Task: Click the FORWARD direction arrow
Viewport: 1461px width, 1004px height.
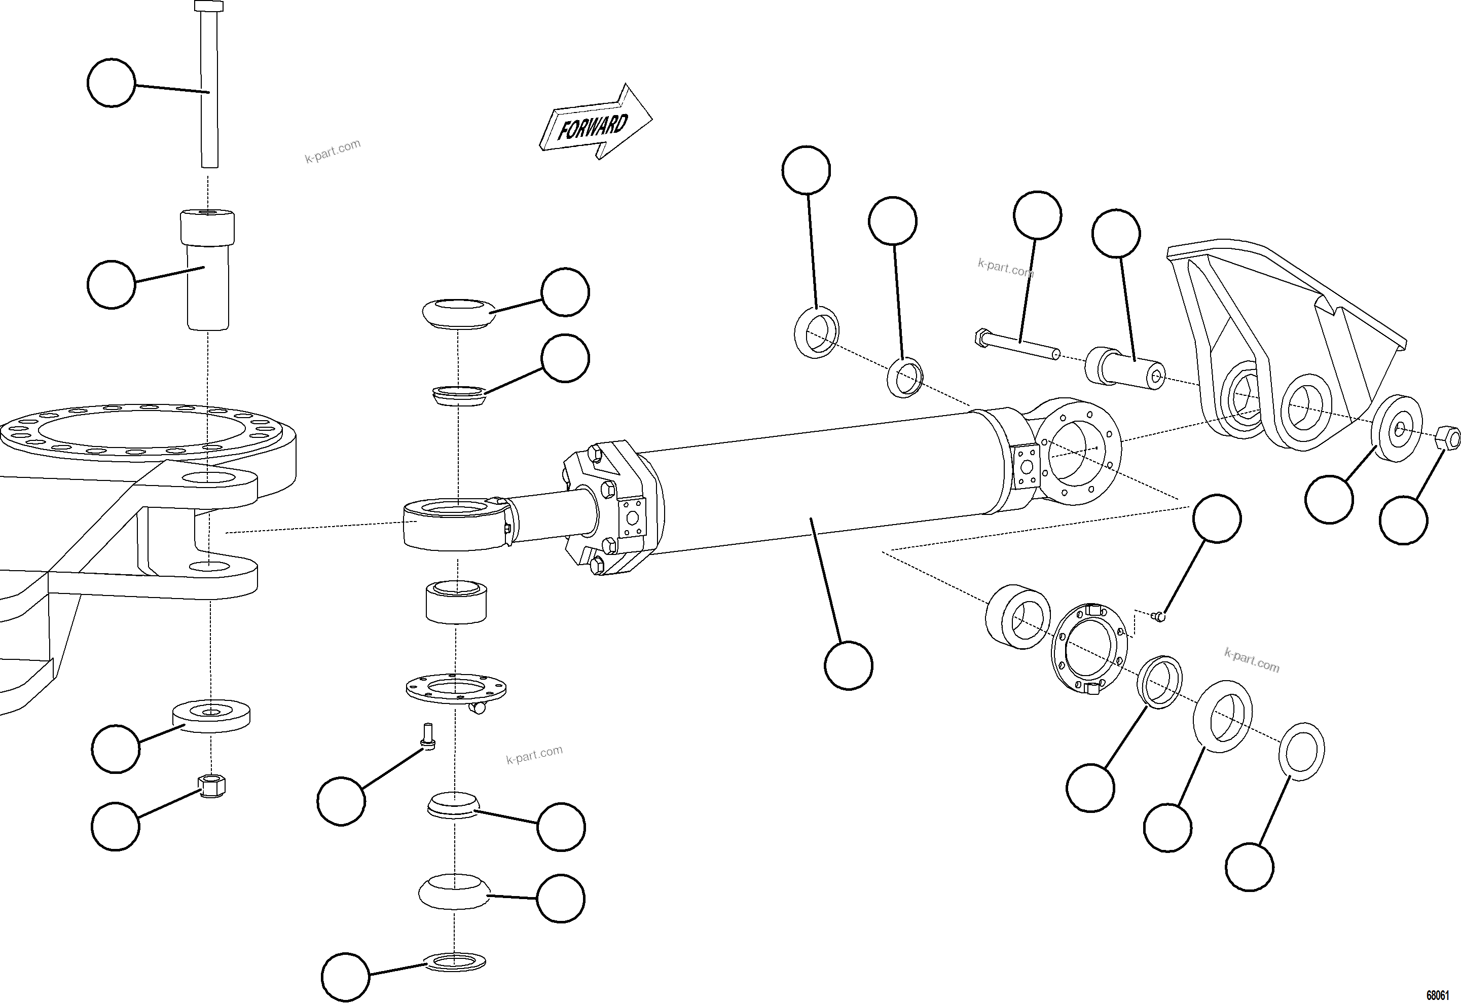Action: point(595,123)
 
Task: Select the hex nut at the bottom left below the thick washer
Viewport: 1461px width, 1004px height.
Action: point(211,785)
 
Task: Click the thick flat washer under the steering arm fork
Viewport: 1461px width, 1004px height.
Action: point(211,715)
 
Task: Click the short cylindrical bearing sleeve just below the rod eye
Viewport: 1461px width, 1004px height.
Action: point(456,602)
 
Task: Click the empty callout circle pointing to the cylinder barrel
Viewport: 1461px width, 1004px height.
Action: point(848,665)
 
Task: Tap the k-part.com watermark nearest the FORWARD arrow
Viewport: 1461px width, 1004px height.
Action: point(333,152)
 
